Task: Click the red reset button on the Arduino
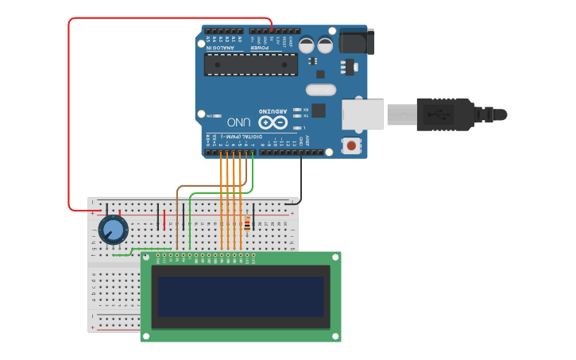(350, 145)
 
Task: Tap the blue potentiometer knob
(114, 230)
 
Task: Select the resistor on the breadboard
(247, 225)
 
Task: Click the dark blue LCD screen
(241, 296)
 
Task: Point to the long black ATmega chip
(250, 64)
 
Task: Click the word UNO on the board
(238, 122)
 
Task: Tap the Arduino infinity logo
(272, 122)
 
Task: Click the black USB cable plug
(445, 114)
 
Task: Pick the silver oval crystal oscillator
(320, 90)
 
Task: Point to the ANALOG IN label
(221, 48)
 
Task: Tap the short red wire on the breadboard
(164, 219)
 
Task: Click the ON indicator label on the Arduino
(210, 115)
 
